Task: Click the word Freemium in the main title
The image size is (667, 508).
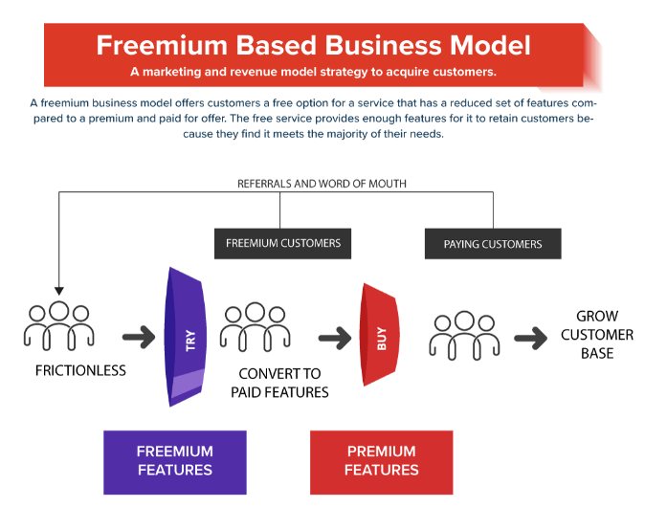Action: click(163, 45)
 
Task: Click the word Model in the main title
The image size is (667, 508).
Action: click(491, 45)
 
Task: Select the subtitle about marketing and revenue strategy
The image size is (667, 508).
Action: click(313, 72)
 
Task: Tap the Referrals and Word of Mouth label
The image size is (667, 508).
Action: click(322, 184)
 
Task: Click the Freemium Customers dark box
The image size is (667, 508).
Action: click(283, 244)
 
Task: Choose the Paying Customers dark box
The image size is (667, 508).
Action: click(493, 244)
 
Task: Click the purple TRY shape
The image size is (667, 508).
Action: click(186, 337)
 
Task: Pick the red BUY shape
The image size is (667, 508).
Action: click(380, 335)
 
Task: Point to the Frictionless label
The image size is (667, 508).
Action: click(80, 370)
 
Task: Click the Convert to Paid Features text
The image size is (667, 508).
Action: click(279, 383)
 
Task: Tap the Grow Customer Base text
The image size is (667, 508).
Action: click(597, 335)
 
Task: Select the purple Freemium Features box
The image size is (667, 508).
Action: click(175, 462)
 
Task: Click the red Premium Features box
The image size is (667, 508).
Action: click(382, 462)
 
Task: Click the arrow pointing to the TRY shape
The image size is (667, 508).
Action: click(139, 337)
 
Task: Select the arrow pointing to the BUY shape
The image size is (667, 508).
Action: click(335, 338)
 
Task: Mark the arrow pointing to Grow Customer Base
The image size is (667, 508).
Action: click(531, 339)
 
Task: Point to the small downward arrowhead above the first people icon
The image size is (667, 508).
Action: click(59, 291)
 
